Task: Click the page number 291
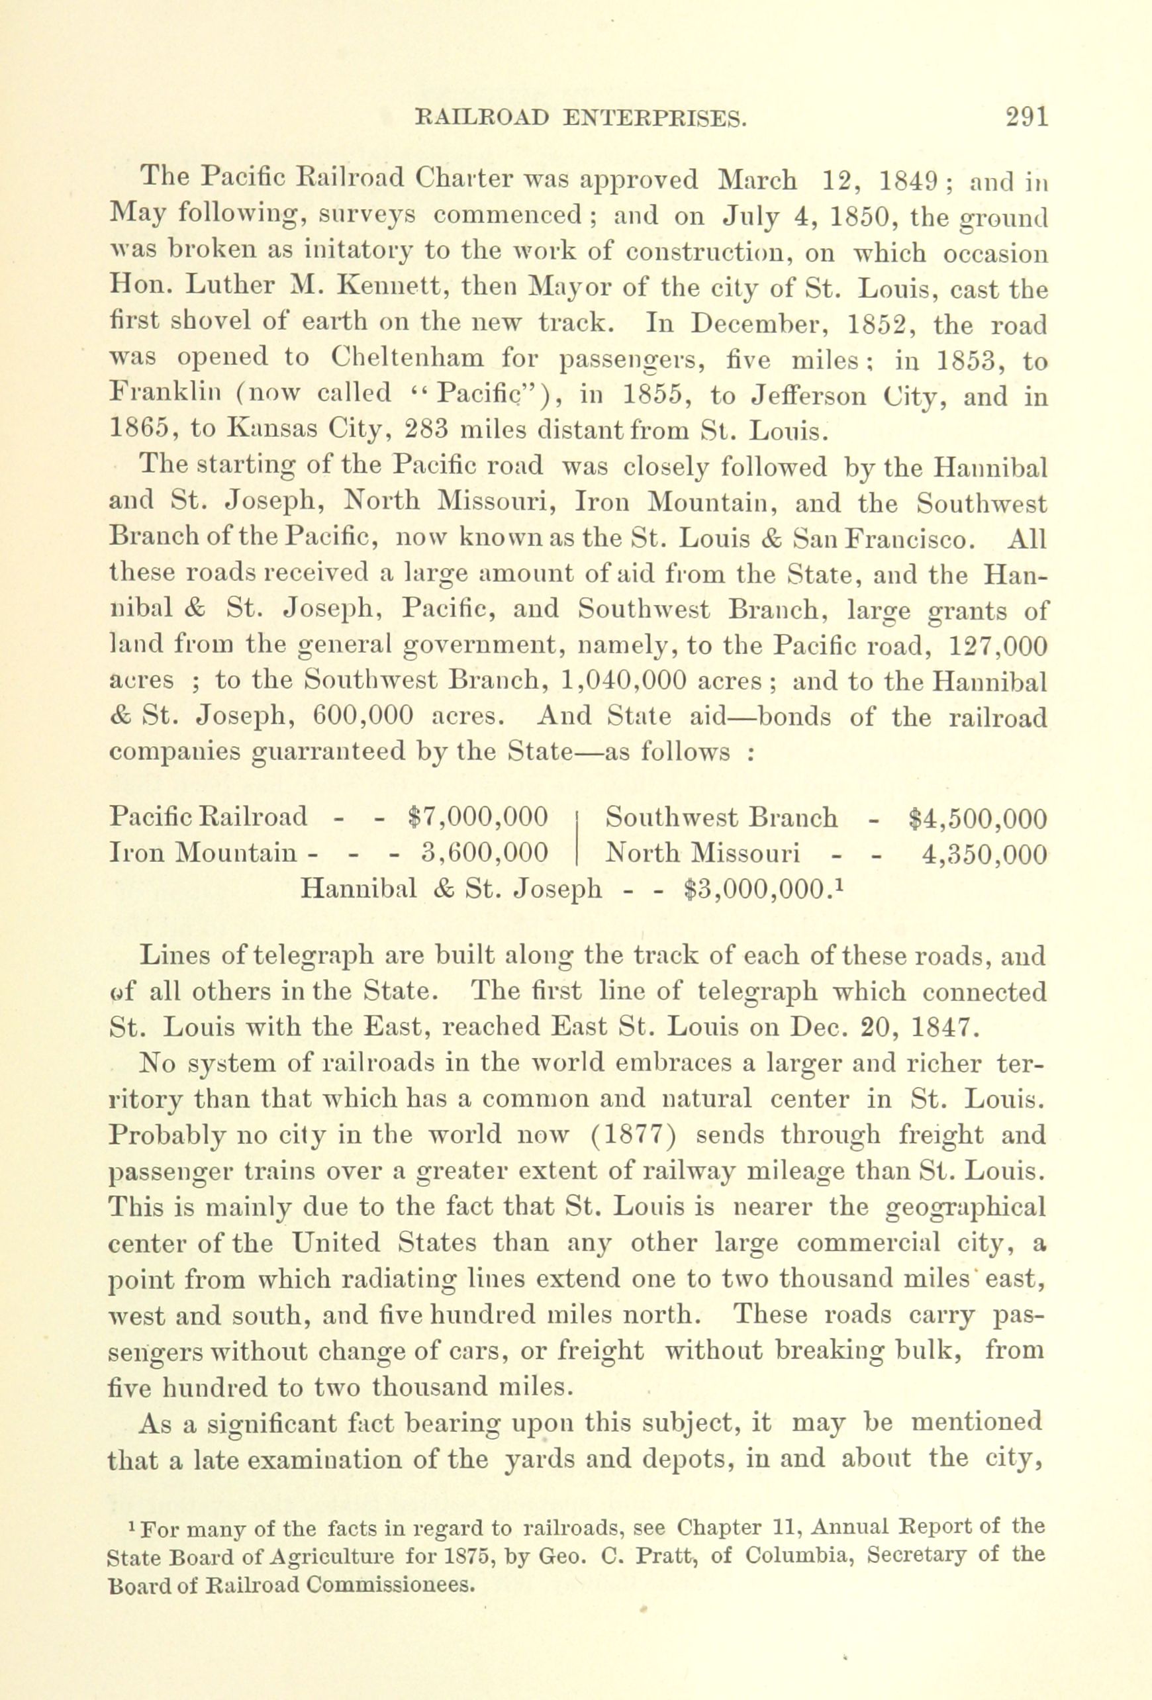(1026, 118)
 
